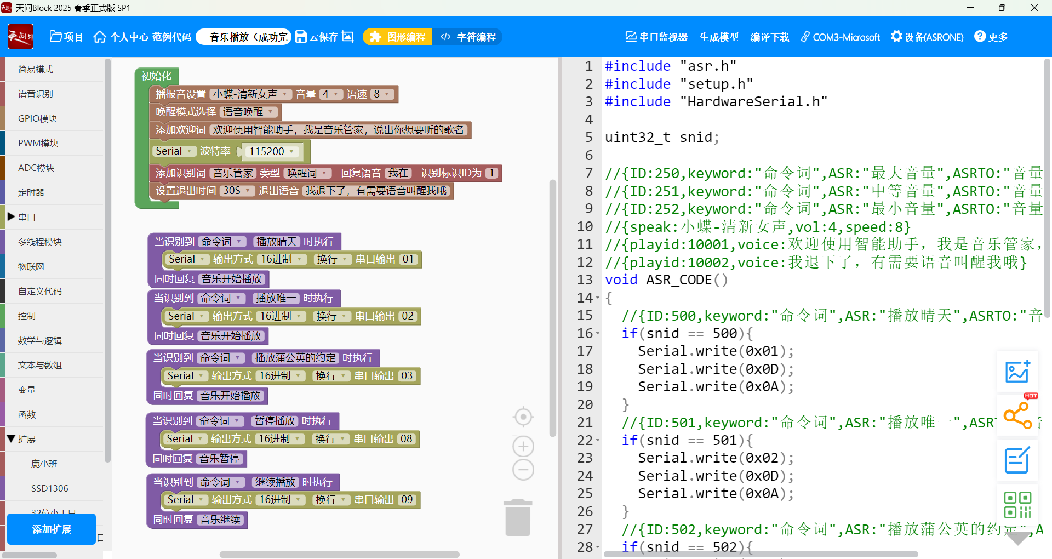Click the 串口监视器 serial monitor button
(656, 37)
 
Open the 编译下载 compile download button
(769, 37)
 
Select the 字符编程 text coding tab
(469, 37)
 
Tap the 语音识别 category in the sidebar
(36, 94)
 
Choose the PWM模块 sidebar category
(38, 143)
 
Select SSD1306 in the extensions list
(49, 488)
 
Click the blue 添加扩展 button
(52, 529)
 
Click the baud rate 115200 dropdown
(271, 151)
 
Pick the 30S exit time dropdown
(237, 191)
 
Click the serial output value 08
(406, 439)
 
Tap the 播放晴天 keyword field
(276, 242)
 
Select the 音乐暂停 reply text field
(219, 459)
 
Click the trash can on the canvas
(518, 517)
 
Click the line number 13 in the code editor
(585, 280)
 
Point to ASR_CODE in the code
(679, 280)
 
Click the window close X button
(1034, 8)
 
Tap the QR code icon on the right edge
(1017, 505)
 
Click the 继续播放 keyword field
(276, 482)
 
